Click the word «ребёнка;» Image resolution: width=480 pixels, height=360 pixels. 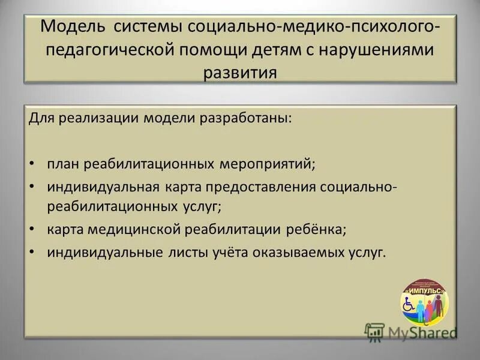[x=316, y=230]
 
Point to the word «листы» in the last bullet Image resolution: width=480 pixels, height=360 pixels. [x=185, y=253]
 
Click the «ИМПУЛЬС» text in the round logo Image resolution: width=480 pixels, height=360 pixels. [x=424, y=291]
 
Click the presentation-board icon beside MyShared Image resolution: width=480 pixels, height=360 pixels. [x=374, y=331]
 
